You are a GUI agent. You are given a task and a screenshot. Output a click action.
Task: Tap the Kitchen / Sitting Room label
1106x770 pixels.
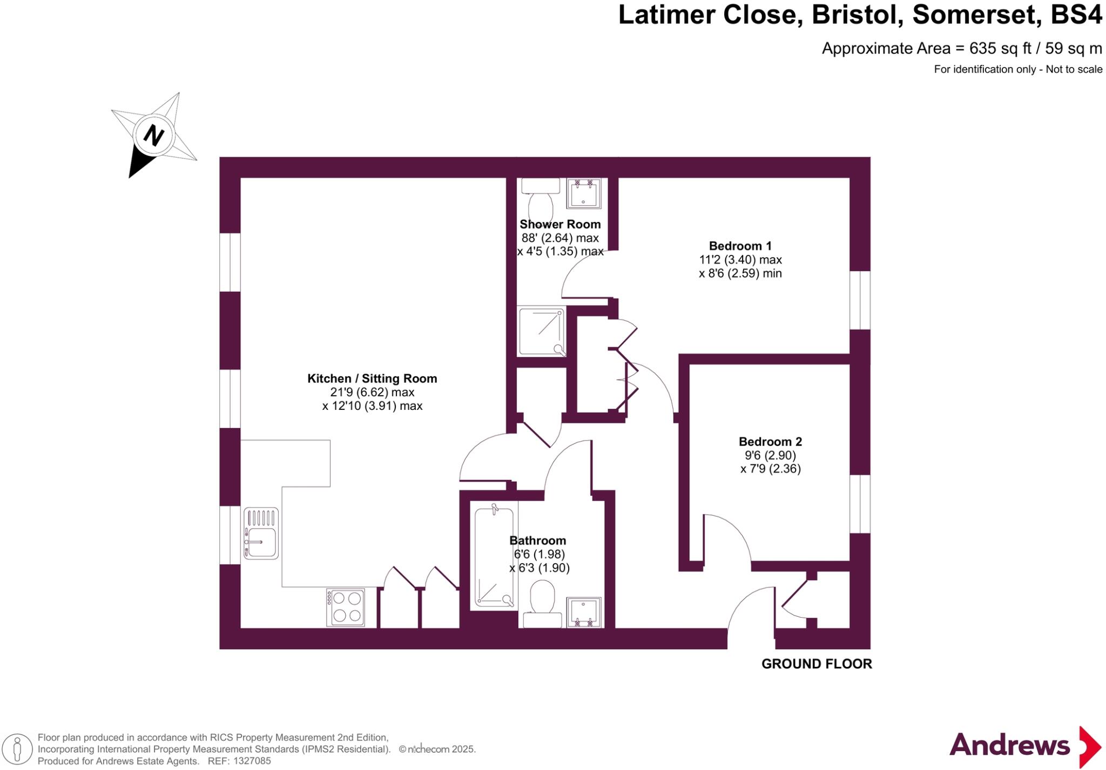click(x=372, y=379)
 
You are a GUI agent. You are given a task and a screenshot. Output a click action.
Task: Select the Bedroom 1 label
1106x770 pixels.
click(x=740, y=246)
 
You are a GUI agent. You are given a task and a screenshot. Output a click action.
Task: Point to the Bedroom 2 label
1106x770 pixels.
click(x=770, y=441)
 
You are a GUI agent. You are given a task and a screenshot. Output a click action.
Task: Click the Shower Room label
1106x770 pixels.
click(x=559, y=224)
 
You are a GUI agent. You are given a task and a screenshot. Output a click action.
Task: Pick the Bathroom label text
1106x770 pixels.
click(x=537, y=541)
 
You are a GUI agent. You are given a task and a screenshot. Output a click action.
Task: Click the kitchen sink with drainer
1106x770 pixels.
click(x=261, y=533)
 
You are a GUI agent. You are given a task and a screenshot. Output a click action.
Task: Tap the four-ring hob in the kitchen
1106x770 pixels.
click(x=345, y=607)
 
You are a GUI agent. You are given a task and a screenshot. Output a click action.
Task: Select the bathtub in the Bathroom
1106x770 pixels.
click(x=494, y=556)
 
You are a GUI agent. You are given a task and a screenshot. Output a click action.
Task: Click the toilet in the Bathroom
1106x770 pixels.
click(x=543, y=603)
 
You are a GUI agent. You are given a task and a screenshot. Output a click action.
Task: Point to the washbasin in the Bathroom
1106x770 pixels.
click(x=584, y=612)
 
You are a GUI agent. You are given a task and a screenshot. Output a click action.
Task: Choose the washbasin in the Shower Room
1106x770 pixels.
click(x=584, y=193)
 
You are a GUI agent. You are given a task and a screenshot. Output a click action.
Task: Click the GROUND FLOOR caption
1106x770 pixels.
click(x=817, y=664)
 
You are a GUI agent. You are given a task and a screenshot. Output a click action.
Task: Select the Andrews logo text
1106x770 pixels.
click(x=1009, y=746)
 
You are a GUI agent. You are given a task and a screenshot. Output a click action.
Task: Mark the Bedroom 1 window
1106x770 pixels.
click(x=860, y=300)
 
